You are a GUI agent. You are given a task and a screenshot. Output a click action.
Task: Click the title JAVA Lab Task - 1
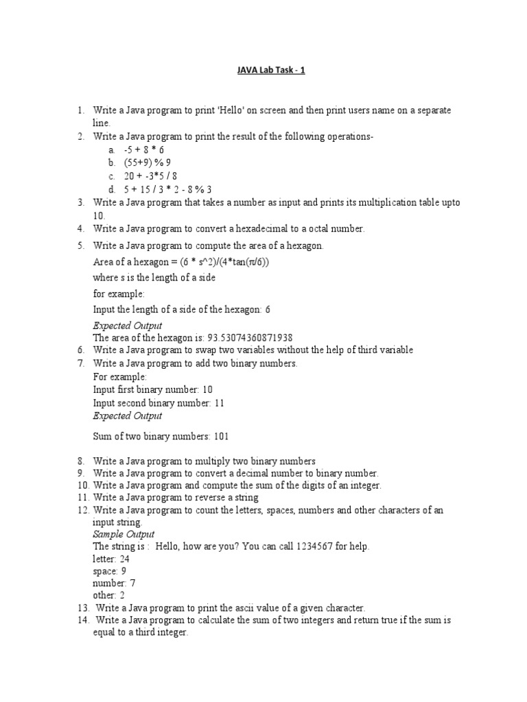point(263,70)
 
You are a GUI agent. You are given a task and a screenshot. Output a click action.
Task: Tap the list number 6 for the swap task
point(80,350)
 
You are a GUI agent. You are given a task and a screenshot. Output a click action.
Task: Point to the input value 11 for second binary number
point(220,403)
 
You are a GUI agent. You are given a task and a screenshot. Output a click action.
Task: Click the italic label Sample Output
point(124,534)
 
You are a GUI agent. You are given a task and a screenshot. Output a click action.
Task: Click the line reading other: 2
point(108,596)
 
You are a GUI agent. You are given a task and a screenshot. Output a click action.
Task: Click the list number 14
point(83,620)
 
